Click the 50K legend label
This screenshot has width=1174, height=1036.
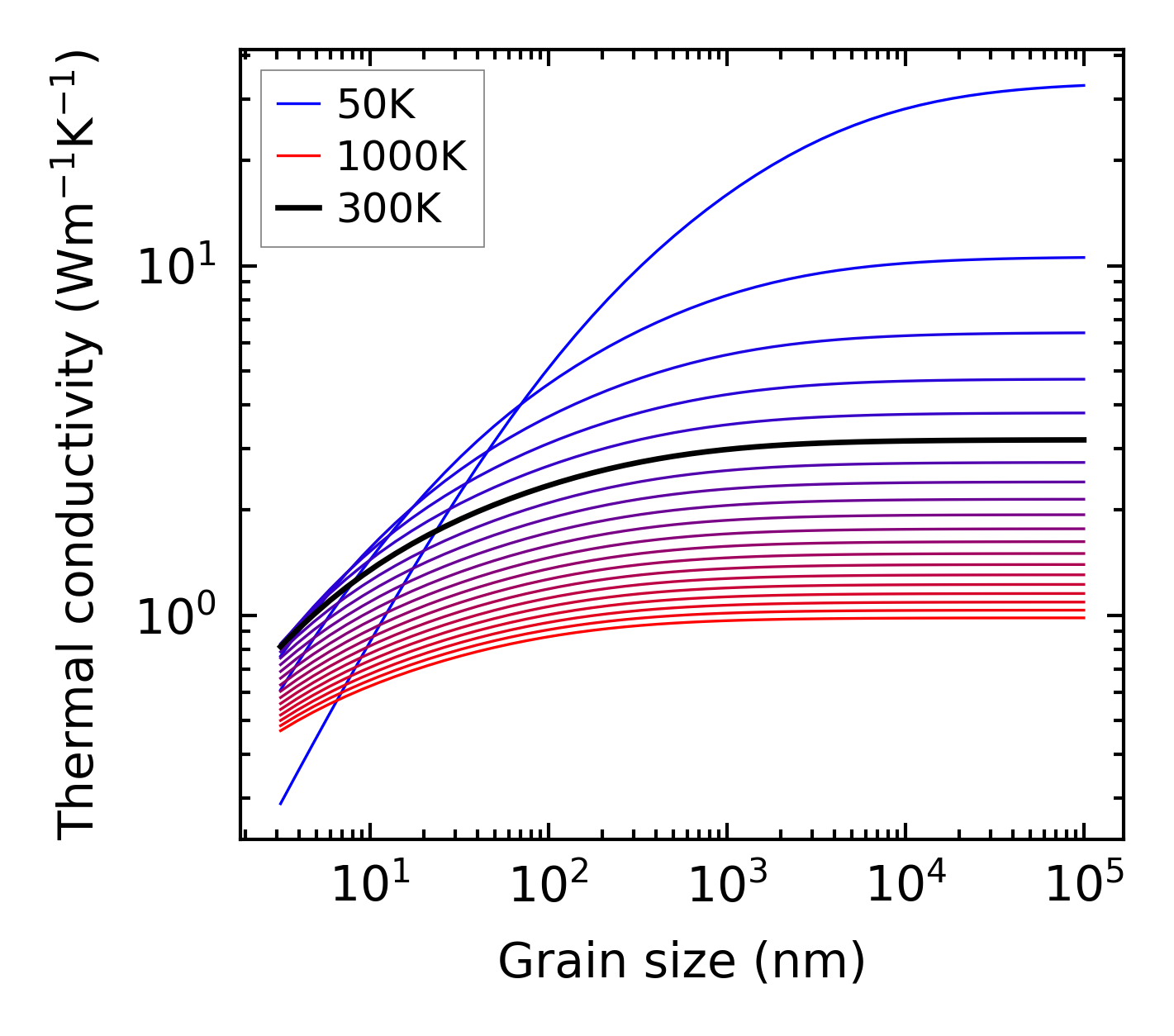click(376, 104)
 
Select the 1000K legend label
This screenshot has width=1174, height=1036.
click(402, 156)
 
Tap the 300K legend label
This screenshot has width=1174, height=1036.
click(389, 209)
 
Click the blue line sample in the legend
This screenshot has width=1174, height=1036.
click(297, 104)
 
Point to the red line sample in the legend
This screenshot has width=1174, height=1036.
click(297, 156)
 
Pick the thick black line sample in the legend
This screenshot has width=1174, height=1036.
click(297, 209)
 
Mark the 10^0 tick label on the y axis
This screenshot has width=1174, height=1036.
click(176, 615)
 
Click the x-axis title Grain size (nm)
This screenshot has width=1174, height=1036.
click(682, 962)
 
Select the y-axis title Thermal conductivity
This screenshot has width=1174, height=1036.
click(78, 446)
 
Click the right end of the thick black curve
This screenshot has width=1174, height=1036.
click(1083, 440)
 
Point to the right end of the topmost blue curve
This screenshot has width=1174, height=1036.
click(1083, 85)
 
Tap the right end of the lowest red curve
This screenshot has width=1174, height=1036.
click(1083, 618)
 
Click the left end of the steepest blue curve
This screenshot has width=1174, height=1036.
click(281, 803)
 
